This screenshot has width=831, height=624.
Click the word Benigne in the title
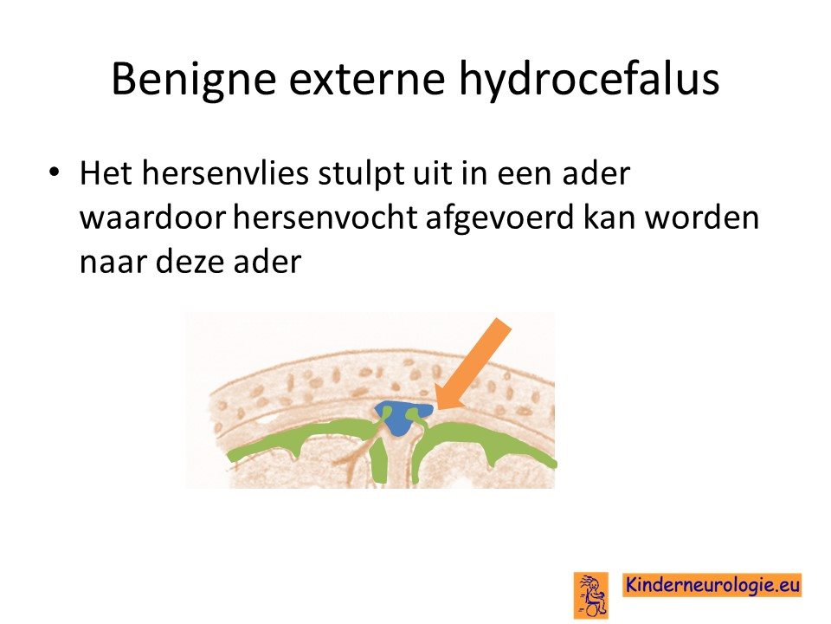click(194, 80)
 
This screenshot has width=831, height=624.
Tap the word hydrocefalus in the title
click(589, 80)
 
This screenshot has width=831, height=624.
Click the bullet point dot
click(54, 172)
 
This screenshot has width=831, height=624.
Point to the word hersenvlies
click(225, 173)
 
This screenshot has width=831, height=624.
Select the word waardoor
click(152, 218)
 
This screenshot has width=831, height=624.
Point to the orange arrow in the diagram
click(472, 365)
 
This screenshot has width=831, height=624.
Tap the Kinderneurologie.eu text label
click(712, 585)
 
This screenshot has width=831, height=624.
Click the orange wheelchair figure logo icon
click(591, 595)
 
